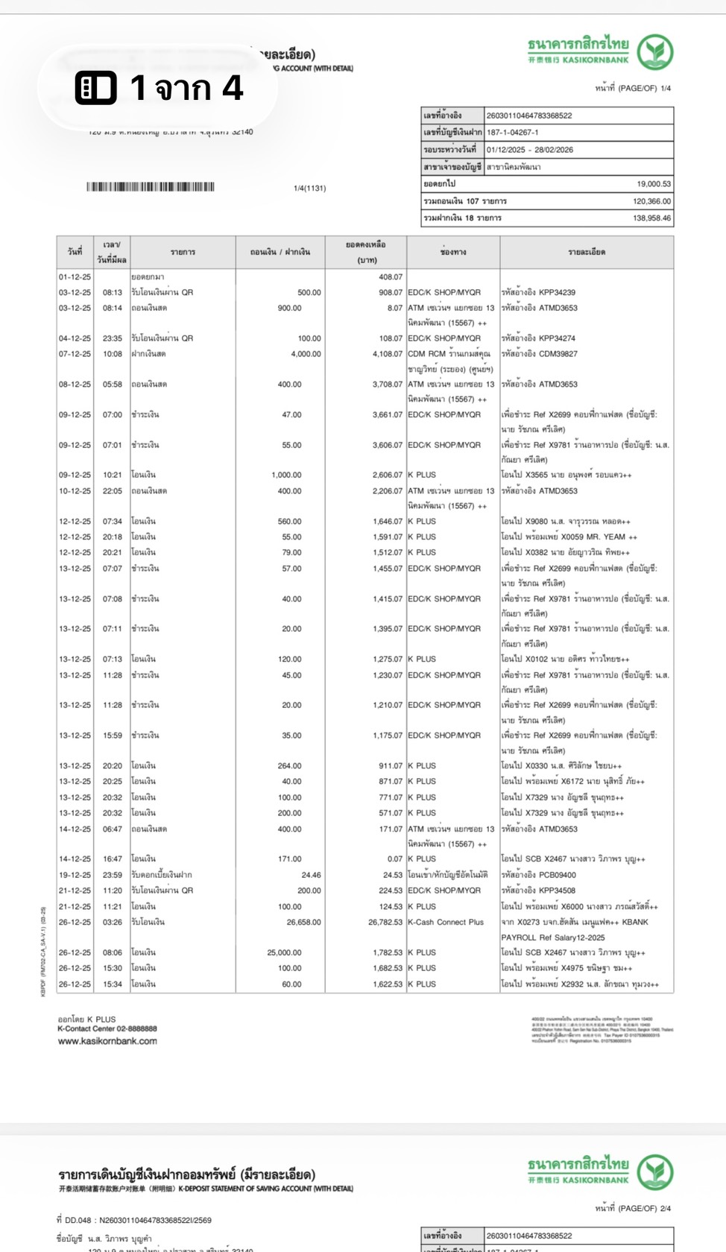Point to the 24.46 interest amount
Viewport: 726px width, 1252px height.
coord(311,875)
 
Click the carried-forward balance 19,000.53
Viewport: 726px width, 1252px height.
coord(653,183)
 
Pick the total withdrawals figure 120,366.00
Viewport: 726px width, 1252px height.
coord(651,201)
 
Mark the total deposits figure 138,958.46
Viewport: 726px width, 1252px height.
coord(651,218)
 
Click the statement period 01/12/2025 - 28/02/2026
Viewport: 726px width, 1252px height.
coord(530,150)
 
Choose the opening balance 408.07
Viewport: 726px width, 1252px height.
coord(390,276)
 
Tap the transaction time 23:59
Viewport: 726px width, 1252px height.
coord(113,875)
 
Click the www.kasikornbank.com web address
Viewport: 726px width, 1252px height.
coord(107,1041)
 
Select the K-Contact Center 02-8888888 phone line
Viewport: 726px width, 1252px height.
coord(107,1028)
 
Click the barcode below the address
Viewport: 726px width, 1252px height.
coord(150,187)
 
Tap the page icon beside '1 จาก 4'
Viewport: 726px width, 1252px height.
coord(96,88)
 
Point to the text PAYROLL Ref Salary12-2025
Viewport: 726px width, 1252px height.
coord(552,938)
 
